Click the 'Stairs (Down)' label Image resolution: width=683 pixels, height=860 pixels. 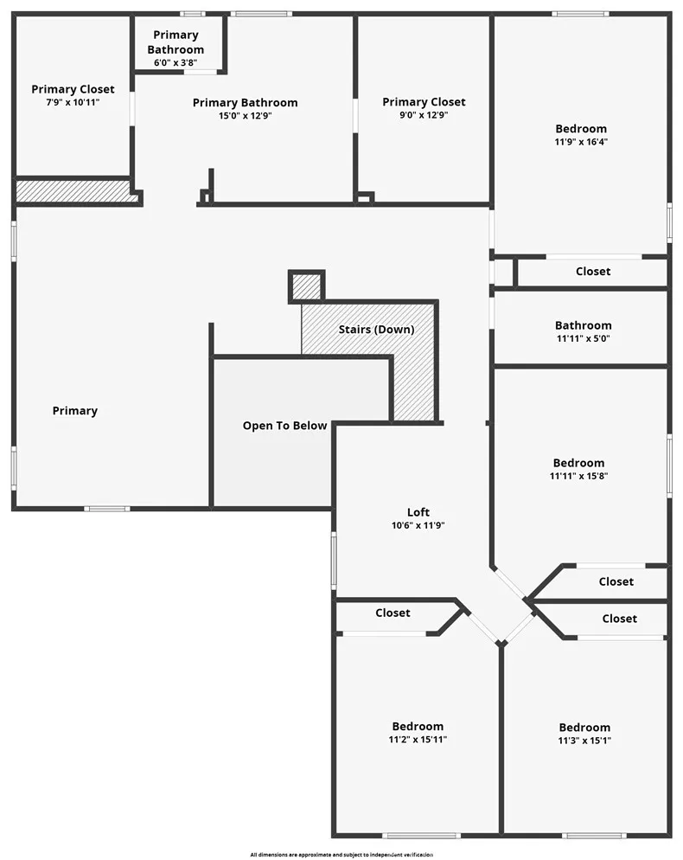point(376,330)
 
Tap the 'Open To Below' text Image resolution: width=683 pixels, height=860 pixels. point(284,426)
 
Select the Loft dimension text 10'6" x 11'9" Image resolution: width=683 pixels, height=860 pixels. point(418,525)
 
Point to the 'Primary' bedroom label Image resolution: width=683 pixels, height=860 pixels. point(75,411)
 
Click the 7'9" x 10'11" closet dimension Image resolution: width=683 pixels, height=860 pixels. point(73,102)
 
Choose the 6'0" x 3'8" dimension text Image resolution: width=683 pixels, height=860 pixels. point(176,63)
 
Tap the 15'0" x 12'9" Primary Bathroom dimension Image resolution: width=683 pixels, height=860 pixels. point(245,115)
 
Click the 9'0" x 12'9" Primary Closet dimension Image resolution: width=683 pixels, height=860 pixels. point(424,114)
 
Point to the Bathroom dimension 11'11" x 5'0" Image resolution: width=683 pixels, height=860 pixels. point(583,338)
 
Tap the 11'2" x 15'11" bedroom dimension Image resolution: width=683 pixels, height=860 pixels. point(418,739)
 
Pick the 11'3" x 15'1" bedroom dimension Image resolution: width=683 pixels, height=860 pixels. point(584,740)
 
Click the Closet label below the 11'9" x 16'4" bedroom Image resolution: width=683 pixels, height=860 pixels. point(593,272)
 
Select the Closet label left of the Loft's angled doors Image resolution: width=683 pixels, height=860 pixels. point(393,613)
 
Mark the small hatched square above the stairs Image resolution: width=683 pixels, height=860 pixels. point(305,286)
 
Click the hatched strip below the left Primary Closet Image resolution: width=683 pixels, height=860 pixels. point(76,191)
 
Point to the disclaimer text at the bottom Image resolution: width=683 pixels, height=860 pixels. point(341,854)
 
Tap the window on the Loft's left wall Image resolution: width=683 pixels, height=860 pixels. point(334,561)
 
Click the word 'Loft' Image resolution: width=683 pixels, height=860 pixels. point(418,512)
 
